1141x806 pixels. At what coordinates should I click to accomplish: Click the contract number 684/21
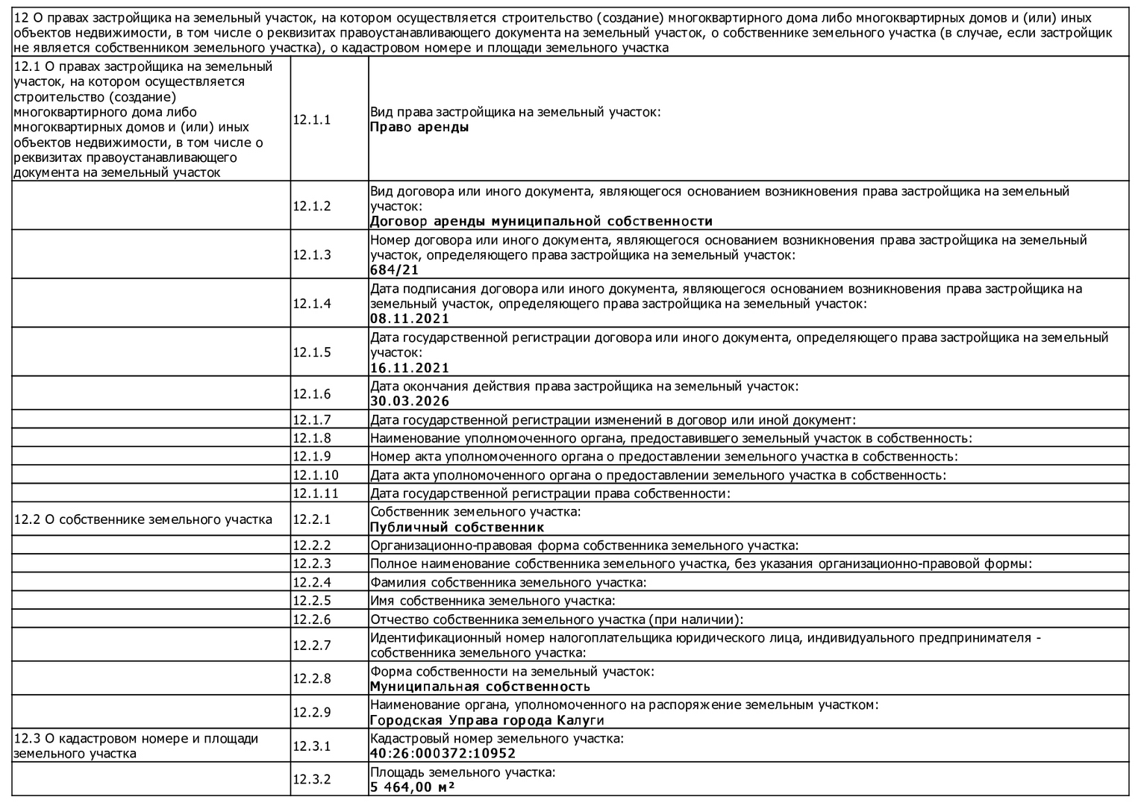[x=394, y=270]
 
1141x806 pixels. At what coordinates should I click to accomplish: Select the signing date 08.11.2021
[x=410, y=319]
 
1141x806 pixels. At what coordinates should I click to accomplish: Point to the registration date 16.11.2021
[x=410, y=368]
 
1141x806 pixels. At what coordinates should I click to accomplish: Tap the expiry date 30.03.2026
[x=410, y=402]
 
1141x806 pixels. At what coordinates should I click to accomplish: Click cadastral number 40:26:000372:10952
[x=443, y=754]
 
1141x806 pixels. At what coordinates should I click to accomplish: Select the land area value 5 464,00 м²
[x=413, y=787]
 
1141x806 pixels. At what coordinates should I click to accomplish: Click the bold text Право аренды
[x=419, y=127]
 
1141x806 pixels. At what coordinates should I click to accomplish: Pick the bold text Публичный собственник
[x=457, y=528]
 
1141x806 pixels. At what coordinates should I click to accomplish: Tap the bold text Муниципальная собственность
[x=480, y=687]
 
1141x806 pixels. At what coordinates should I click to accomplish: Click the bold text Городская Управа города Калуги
[x=487, y=721]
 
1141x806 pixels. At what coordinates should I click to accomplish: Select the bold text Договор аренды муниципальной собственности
[x=541, y=222]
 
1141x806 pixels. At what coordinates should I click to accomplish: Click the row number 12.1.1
[x=311, y=119]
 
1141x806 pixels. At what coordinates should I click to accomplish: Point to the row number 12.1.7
[x=311, y=420]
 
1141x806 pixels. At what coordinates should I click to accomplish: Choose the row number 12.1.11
[x=315, y=493]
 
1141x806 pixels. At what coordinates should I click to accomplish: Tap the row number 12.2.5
[x=311, y=601]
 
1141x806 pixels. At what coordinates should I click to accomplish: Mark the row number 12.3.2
[x=311, y=779]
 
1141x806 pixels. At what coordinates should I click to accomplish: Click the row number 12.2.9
[x=311, y=712]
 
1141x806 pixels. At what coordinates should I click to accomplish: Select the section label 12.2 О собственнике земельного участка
[x=143, y=519]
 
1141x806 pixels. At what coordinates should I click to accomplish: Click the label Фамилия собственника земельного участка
[x=507, y=582]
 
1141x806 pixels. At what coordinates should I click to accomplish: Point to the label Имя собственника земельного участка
[x=493, y=601]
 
